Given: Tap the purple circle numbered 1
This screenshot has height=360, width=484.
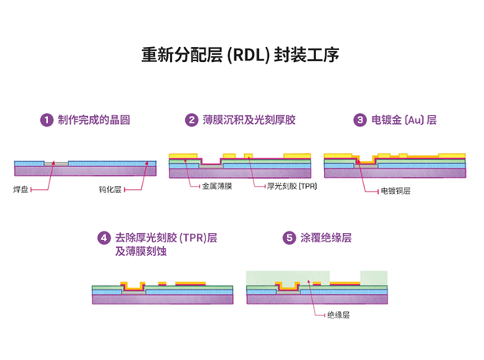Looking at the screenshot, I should (46, 120).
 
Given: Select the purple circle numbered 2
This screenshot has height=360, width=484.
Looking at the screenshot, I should (191, 120).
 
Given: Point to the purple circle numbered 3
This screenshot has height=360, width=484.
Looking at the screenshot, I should (360, 120).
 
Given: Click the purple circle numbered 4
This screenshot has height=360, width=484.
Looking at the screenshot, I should (104, 238).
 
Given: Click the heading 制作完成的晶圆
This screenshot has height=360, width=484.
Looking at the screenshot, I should (93, 120).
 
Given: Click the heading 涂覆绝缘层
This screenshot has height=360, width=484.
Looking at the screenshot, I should (326, 238).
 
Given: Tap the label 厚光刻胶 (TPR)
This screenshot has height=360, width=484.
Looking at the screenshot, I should (292, 186).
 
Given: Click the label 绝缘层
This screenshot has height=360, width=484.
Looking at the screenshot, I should (338, 315).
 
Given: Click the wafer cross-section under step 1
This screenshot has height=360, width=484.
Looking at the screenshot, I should (85, 167).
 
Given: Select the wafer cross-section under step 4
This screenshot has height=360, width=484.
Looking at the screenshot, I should (162, 292).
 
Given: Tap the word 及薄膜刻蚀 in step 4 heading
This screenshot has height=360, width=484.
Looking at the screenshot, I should (140, 252).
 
